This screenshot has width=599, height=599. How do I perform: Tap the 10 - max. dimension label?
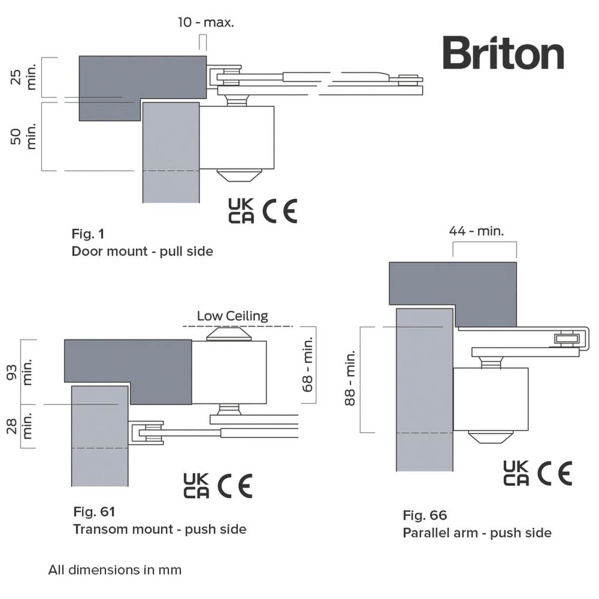point(206,22)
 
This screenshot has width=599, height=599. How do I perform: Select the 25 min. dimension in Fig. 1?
point(24,78)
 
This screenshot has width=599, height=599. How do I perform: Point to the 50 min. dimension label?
point(24,137)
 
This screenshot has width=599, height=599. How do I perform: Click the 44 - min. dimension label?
point(476,231)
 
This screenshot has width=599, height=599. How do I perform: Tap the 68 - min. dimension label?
point(308,363)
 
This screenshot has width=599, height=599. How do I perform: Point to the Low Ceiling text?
point(232,316)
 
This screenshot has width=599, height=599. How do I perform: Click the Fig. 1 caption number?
point(88,234)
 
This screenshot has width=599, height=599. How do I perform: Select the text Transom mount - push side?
point(159,529)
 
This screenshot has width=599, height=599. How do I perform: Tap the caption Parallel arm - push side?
point(477,533)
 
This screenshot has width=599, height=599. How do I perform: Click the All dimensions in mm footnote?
point(115,570)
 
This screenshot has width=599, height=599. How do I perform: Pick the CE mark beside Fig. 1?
point(280,211)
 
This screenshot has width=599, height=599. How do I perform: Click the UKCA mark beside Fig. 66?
point(516,473)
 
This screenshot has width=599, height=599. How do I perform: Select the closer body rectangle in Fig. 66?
point(490,399)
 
